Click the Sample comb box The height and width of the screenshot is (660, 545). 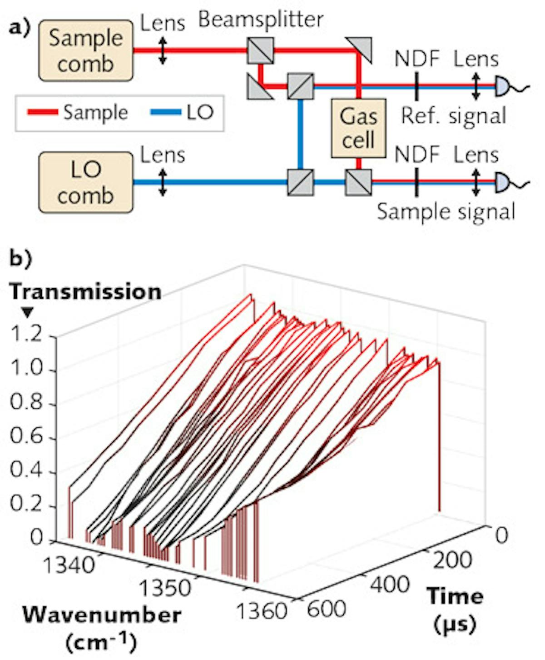pyautogui.click(x=86, y=50)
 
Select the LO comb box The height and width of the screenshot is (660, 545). pyautogui.click(x=86, y=182)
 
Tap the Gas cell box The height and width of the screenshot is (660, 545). pyautogui.click(x=358, y=128)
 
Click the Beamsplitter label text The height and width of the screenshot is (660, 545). pyautogui.click(x=261, y=20)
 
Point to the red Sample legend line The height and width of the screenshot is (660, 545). pyautogui.click(x=43, y=112)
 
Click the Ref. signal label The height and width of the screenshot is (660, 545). pyautogui.click(x=453, y=115)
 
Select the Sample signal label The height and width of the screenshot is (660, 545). pyautogui.click(x=446, y=212)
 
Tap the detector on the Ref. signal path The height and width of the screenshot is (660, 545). pyautogui.click(x=501, y=86)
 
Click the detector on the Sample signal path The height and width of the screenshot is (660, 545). pyautogui.click(x=501, y=182)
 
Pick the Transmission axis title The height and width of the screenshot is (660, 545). pyautogui.click(x=86, y=291)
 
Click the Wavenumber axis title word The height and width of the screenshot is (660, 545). pyautogui.click(x=102, y=615)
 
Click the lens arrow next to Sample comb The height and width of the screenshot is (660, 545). pyautogui.click(x=163, y=50)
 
